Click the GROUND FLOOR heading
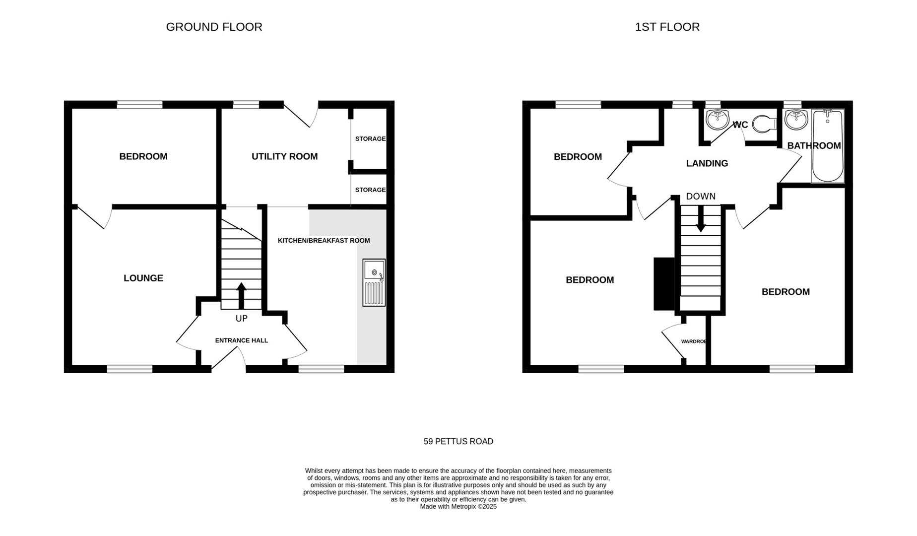point(214,27)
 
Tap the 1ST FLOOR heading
point(667,27)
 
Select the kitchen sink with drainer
point(374,282)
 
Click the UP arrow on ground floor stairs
point(241,295)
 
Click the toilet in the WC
point(764,124)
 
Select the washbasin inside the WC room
point(717,120)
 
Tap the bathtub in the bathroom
point(827,146)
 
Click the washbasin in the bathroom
point(796,120)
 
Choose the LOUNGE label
point(143,278)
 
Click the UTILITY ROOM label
point(284,157)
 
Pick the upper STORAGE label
point(370,139)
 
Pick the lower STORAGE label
point(370,190)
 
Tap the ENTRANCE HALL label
point(241,340)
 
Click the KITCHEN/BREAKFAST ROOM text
point(324,241)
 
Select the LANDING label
point(707,163)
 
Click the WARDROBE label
point(694,341)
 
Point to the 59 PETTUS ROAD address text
point(458,441)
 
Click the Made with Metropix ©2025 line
point(458,507)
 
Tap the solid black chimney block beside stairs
point(664,284)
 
